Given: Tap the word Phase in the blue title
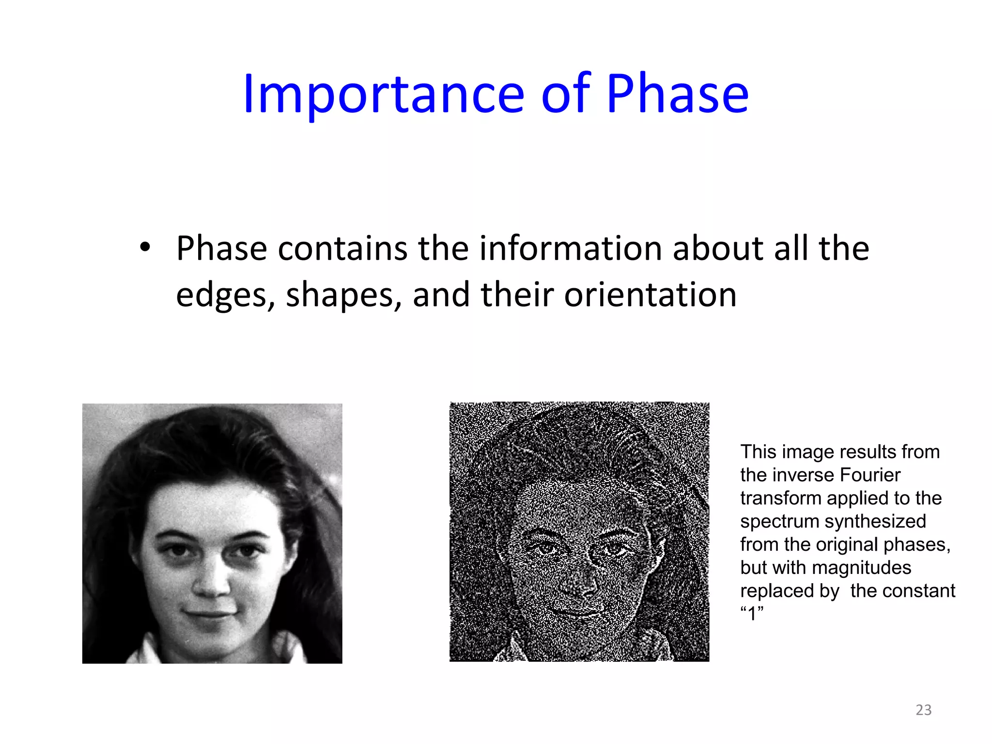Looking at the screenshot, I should pos(677,94).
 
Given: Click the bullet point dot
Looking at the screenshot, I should pos(145,248).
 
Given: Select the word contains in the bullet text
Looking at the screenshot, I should pos(342,248).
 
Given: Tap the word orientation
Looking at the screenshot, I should pos(650,294).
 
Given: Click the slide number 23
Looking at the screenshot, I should pos(923,710).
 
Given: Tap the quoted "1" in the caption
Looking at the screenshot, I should pos(752,614).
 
